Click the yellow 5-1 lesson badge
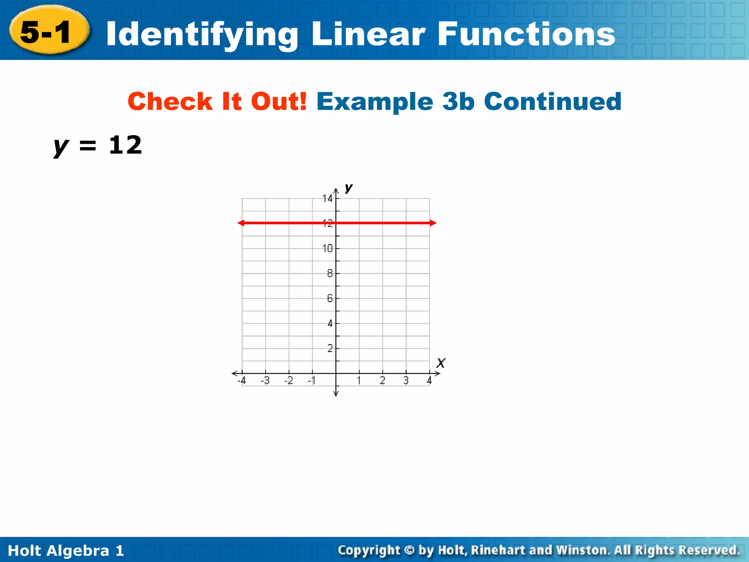click(49, 31)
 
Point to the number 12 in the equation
click(125, 145)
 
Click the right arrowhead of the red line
click(433, 223)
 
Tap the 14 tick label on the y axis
click(327, 199)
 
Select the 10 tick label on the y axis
click(327, 249)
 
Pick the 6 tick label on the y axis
click(330, 299)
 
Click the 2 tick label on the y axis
click(330, 348)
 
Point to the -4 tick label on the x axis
click(242, 381)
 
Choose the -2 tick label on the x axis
click(289, 381)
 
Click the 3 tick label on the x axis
click(406, 381)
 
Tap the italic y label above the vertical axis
click(349, 188)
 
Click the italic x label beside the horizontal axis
click(441, 363)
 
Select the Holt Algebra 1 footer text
click(66, 551)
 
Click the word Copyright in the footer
click(369, 550)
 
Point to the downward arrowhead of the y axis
click(336, 394)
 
